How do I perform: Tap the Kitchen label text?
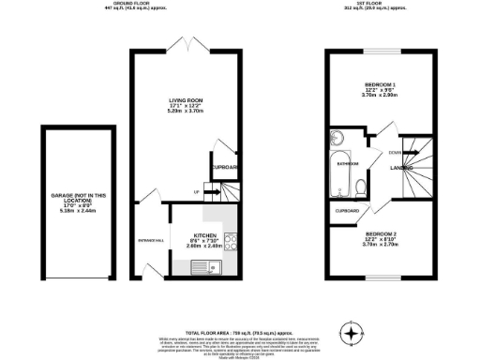coord(205,234)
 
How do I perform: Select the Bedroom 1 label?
coord(381,85)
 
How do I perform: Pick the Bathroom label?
coord(349,163)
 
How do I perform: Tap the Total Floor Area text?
coord(239,333)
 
